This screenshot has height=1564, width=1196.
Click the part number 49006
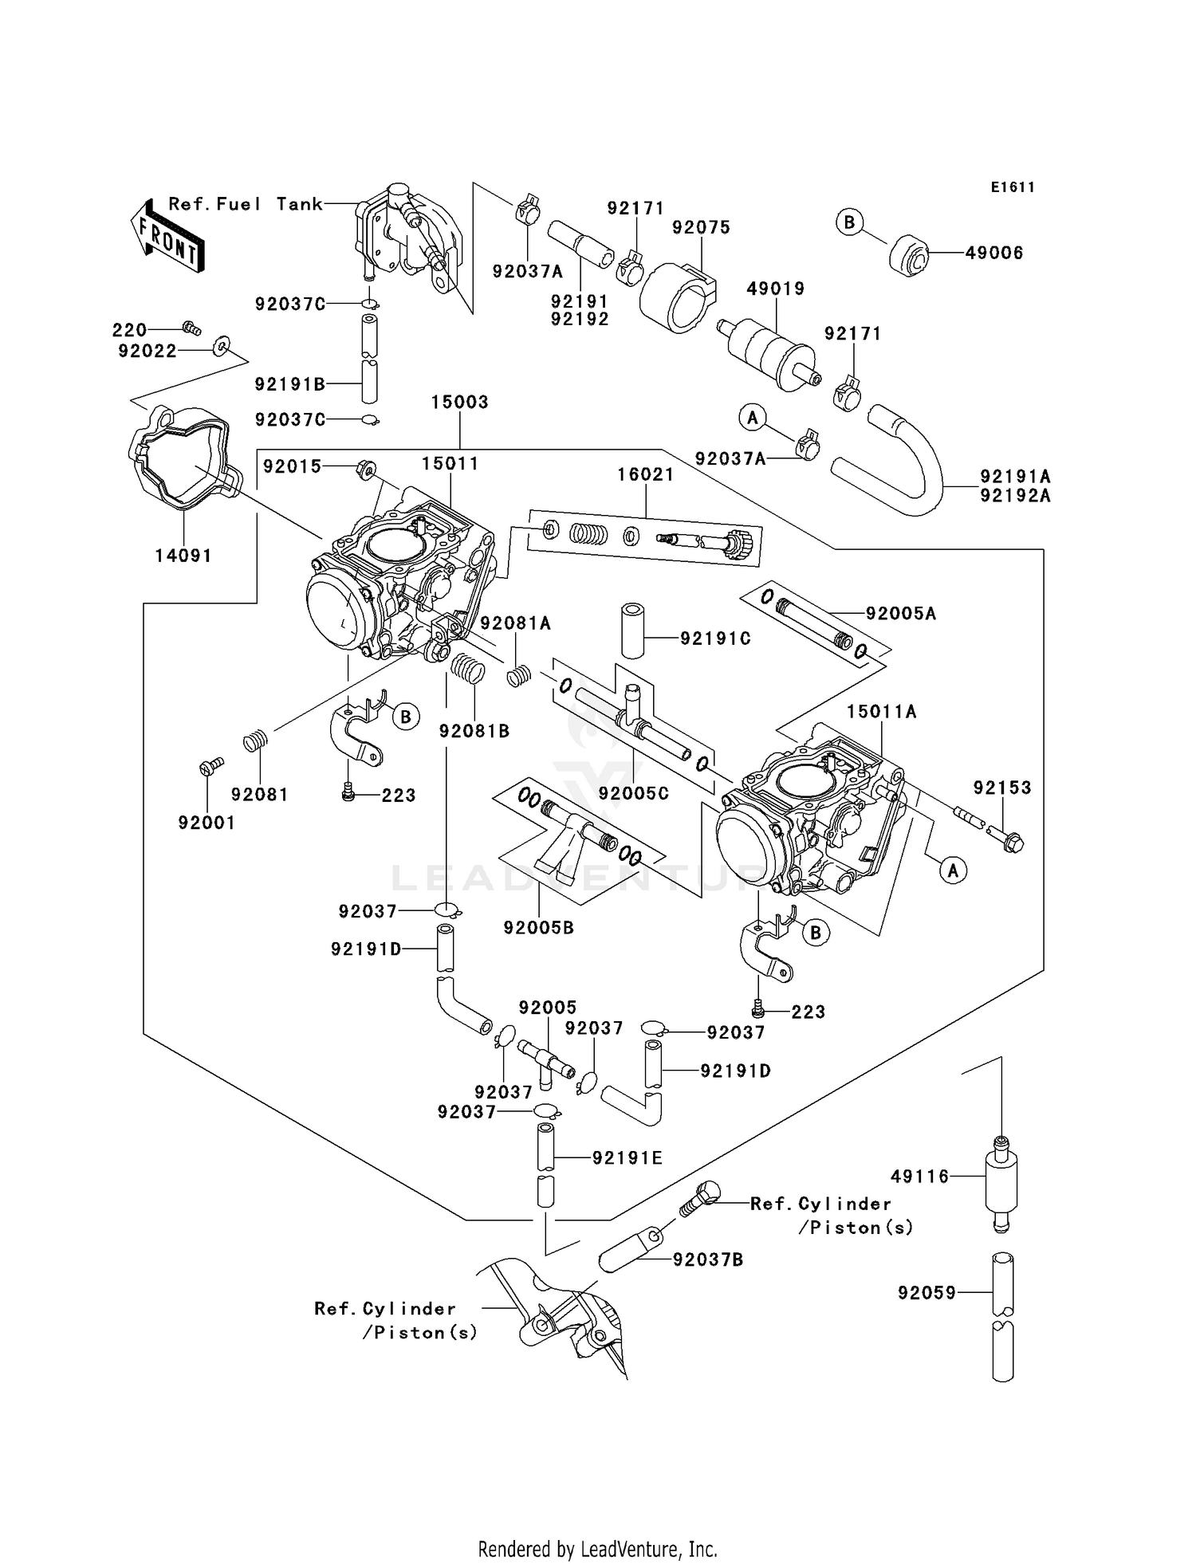(993, 253)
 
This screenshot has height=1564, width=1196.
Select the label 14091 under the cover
(183, 556)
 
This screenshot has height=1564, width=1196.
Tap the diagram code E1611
(1013, 187)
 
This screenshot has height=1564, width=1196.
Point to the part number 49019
(775, 289)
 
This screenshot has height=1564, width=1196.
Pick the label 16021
(645, 474)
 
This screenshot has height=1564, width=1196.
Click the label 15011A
(881, 711)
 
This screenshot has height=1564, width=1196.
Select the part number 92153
(1001, 788)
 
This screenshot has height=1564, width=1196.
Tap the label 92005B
(538, 928)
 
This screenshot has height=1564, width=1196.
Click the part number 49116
(919, 1176)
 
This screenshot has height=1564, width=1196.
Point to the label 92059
(927, 1292)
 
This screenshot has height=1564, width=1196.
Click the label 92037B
(708, 1259)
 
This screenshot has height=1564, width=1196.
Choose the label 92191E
(627, 1157)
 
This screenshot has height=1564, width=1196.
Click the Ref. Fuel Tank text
(246, 204)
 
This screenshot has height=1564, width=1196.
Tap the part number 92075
(701, 227)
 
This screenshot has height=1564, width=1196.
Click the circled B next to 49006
(849, 222)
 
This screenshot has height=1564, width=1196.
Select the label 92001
(207, 823)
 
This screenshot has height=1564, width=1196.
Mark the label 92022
(147, 351)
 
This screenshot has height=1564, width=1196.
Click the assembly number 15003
(459, 402)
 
